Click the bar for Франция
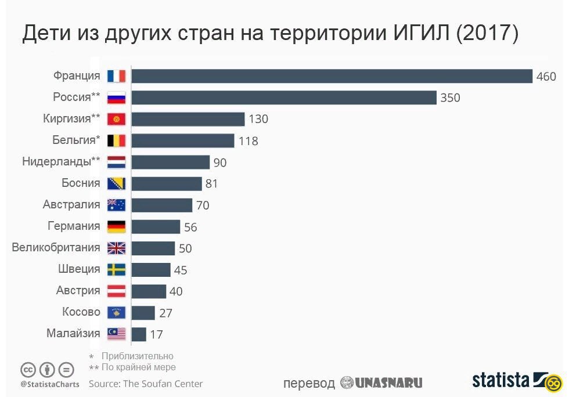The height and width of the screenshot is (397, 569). [x=332, y=76]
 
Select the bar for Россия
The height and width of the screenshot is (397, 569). [x=284, y=98]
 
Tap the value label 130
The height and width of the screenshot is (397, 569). [x=258, y=120]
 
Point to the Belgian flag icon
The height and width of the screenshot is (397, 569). [x=117, y=140]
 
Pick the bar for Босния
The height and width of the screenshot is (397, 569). [x=167, y=183]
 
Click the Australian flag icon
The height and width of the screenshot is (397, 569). [x=117, y=205]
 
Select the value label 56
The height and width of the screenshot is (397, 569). [x=190, y=227]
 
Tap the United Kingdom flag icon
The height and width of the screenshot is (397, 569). [x=117, y=248]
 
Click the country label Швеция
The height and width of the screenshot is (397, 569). [x=79, y=269]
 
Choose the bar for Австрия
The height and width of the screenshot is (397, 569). [x=149, y=291]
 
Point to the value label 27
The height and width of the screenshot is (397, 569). [x=166, y=313]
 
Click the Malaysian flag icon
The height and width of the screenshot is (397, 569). [x=117, y=334]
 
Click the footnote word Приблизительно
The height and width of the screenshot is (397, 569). [x=138, y=356]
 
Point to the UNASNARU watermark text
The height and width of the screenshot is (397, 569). [x=388, y=383]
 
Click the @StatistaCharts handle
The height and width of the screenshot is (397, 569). [x=49, y=384]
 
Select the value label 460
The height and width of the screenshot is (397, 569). [x=546, y=77]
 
